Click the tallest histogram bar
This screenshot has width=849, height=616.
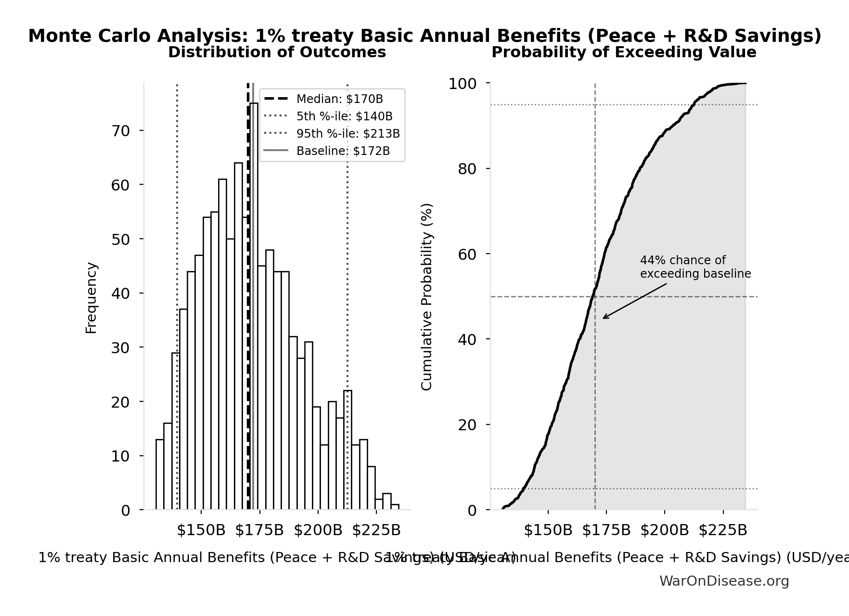click(254, 308)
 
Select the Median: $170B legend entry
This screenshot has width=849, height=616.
click(339, 99)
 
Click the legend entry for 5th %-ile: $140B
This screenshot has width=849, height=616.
click(344, 116)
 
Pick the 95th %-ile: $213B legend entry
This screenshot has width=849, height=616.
click(347, 134)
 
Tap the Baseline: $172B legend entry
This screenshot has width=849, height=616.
click(343, 151)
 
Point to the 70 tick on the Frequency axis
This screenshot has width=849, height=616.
click(121, 131)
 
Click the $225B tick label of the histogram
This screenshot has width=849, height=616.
click(376, 530)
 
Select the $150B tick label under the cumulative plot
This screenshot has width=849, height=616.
click(548, 530)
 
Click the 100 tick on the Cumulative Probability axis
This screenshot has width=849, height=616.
click(463, 84)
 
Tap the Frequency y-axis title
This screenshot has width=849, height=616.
click(91, 297)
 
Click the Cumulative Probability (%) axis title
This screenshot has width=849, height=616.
click(427, 296)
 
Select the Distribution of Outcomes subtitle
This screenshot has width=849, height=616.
click(277, 52)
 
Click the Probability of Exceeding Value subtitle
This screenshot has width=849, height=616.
click(624, 52)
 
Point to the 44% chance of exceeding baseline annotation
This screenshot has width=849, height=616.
click(695, 267)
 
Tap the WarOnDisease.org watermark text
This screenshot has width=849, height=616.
click(724, 581)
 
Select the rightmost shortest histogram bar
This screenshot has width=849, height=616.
click(395, 507)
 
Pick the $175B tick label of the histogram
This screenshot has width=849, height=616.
click(259, 530)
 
